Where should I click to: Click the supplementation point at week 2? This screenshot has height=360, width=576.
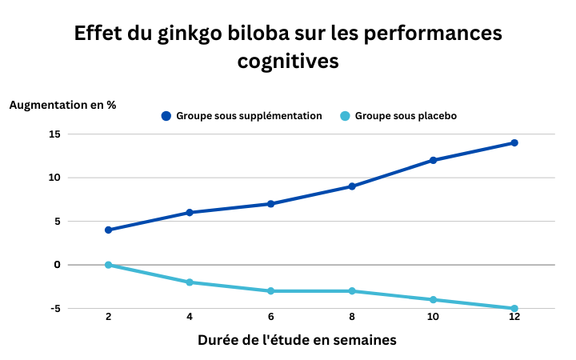(108, 230)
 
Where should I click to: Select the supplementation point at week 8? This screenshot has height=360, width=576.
(352, 186)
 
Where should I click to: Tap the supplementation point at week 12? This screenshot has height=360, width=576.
(514, 143)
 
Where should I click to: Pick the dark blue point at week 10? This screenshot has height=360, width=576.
(434, 160)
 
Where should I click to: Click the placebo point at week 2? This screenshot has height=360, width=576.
(108, 265)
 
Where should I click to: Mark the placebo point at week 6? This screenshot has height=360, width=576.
(270, 291)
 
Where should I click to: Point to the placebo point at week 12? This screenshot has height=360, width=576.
(514, 308)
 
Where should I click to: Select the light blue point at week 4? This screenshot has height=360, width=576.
(190, 282)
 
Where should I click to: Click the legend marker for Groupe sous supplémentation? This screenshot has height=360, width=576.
(166, 116)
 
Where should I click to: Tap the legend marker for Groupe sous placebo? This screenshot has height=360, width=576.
(346, 116)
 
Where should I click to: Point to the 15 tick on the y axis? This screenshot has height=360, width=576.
(54, 134)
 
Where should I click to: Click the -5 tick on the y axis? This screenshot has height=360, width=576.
(54, 308)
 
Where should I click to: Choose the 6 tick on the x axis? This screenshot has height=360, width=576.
(270, 317)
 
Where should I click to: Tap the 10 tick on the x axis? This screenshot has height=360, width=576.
(434, 317)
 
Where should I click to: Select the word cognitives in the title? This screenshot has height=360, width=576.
(288, 61)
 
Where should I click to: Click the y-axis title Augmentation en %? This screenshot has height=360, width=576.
(62, 105)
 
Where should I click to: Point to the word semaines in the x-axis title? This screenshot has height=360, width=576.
(361, 340)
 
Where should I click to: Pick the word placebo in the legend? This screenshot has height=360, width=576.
(434, 116)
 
